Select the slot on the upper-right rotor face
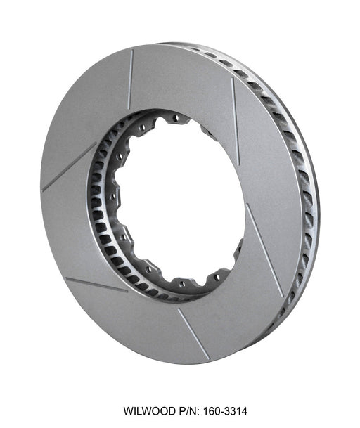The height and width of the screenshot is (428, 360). (235, 120)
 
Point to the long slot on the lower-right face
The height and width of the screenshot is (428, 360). (264, 249)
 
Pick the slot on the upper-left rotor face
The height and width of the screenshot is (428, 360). (68, 167)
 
